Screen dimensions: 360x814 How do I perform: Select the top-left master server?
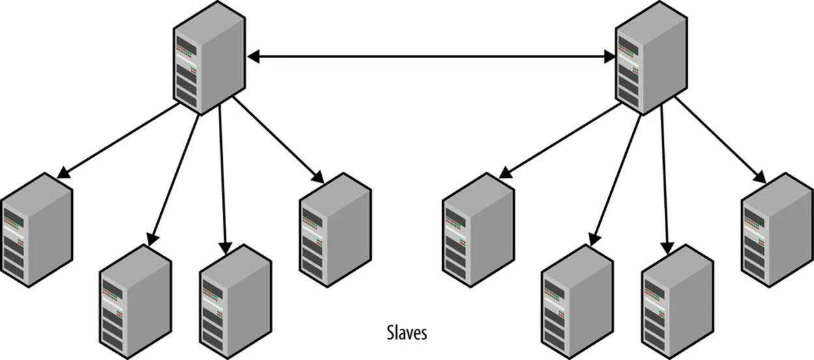(209, 57)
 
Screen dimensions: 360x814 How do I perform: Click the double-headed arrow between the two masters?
(431, 57)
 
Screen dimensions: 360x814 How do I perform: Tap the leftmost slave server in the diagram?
(36, 229)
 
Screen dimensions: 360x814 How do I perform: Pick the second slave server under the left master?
(135, 301)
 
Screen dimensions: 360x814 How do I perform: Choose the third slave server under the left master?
(235, 301)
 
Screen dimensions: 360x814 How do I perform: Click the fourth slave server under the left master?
(335, 229)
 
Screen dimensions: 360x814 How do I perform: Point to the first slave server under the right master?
(478, 229)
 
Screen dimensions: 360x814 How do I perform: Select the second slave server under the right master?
(577, 301)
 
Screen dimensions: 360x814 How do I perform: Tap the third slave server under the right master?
(677, 301)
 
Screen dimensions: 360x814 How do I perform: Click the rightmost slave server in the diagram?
(777, 229)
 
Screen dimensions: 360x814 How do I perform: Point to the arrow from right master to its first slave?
(559, 141)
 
